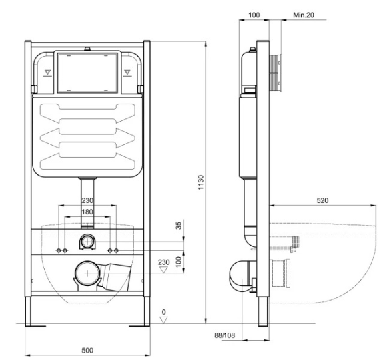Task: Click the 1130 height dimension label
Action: tap(201, 182)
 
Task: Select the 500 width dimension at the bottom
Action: tap(87, 350)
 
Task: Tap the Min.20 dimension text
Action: tap(304, 15)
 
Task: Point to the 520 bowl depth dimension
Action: tap(322, 200)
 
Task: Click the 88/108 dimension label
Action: tap(224, 335)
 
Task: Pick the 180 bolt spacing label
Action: tap(87, 212)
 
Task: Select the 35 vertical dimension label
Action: tap(179, 226)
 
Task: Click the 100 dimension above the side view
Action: tap(254, 15)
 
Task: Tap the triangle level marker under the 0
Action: tap(164, 320)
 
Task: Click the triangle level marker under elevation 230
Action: tap(164, 270)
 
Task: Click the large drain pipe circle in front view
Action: tap(87, 273)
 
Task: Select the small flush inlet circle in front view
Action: tap(87, 241)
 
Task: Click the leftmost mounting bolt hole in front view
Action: tap(59, 250)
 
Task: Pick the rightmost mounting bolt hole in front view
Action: tap(116, 250)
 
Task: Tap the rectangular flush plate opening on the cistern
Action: tap(87, 73)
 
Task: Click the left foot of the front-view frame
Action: tap(35, 326)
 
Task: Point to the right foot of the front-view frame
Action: tap(139, 326)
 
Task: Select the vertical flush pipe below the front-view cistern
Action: tap(87, 202)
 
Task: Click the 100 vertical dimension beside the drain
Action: tap(179, 262)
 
